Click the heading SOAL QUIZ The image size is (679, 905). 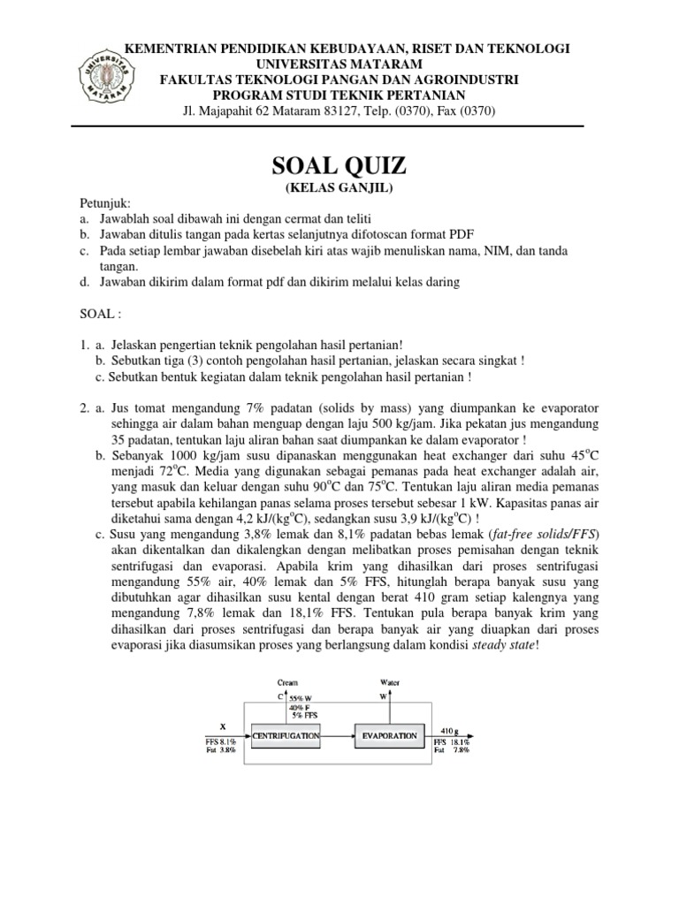pos(339,165)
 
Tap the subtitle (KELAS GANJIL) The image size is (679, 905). pos(339,188)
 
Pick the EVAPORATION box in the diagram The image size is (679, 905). pos(388,734)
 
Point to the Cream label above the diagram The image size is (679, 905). pos(288,683)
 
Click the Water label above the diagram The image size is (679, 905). pos(390,683)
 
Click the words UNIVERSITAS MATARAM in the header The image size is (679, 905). pos(339,65)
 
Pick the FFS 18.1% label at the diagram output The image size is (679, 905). pos(452,742)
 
